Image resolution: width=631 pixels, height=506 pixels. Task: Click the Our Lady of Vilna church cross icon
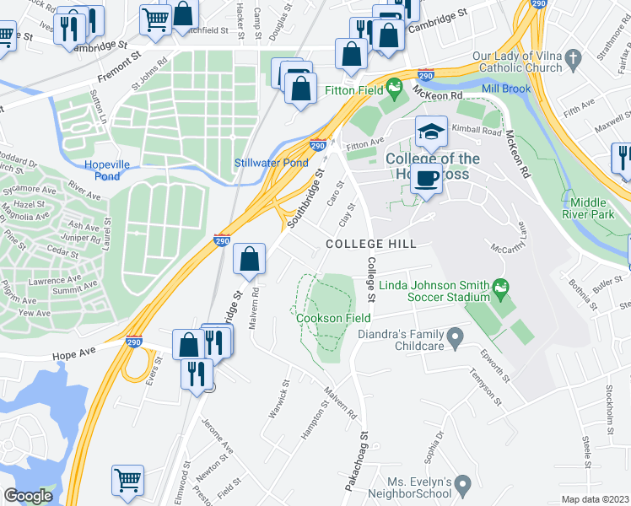click(x=573, y=59)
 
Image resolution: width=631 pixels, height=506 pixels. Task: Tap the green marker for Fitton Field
click(x=393, y=85)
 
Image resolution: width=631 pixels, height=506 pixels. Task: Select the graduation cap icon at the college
click(x=431, y=132)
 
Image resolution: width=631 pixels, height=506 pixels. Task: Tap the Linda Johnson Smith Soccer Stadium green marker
click(x=502, y=289)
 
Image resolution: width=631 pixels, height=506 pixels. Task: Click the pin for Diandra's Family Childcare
click(x=456, y=339)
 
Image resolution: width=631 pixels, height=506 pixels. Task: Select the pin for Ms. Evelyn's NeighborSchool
click(x=462, y=485)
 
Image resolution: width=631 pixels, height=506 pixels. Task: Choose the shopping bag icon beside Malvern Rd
click(x=250, y=259)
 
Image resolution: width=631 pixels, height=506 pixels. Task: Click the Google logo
click(x=28, y=496)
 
